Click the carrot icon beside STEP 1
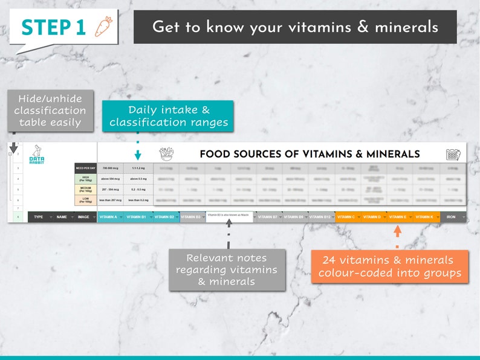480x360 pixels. coord(103,27)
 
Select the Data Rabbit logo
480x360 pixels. coord(37,155)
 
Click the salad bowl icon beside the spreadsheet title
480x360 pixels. coord(166,154)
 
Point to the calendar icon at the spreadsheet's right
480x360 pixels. coord(453,154)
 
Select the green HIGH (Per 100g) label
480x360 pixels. coord(85,179)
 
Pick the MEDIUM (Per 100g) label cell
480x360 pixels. coord(85,189)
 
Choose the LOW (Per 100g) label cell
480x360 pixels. coord(85,200)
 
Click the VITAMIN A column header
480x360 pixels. coord(109,217)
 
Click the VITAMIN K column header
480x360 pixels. coord(424,217)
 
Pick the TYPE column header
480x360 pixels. coord(38,217)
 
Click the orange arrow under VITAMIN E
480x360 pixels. coord(397,231)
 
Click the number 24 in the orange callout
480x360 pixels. coord(329,260)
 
